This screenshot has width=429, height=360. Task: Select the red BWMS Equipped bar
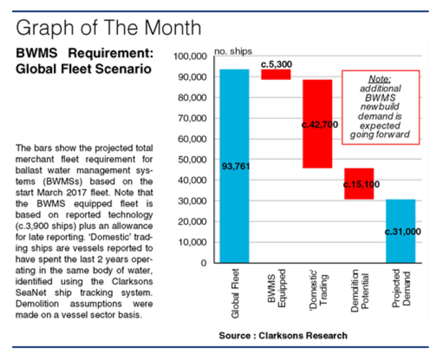click(275, 74)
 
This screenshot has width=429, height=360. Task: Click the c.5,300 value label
click(276, 64)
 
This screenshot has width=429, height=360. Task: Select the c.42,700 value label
click(319, 125)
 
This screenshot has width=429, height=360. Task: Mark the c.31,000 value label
click(402, 232)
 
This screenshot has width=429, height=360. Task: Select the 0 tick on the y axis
click(204, 263)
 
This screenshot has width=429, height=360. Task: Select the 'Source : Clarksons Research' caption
click(283, 336)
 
